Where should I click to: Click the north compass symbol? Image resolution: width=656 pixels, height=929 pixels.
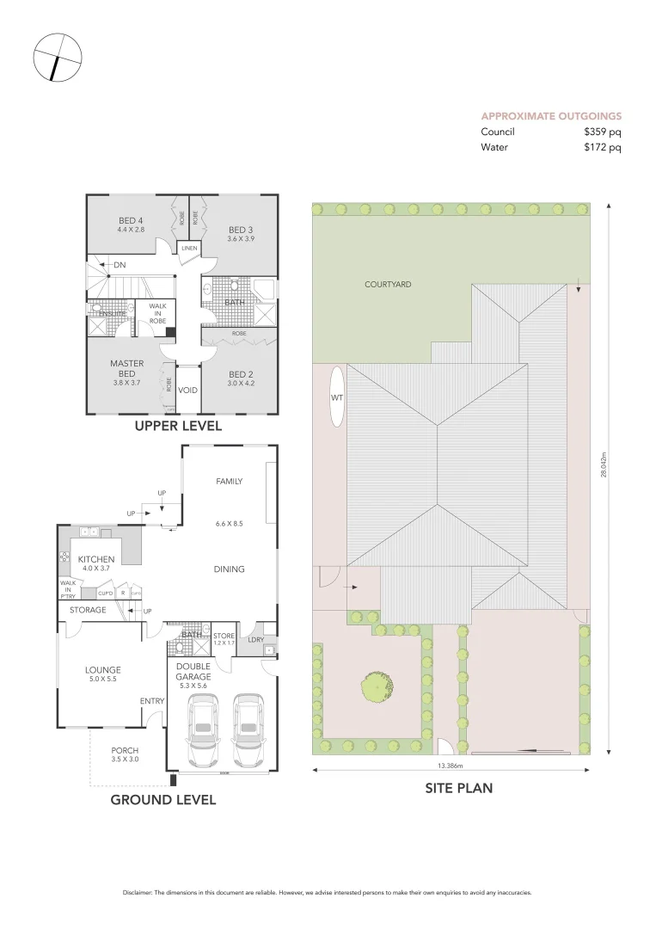(57, 58)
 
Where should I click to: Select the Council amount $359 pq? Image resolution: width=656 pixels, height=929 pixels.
(602, 132)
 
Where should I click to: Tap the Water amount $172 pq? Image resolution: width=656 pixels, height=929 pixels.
(602, 147)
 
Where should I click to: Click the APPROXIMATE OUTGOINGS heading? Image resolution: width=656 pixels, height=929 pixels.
(551, 116)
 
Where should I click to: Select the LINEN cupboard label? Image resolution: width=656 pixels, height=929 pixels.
(189, 249)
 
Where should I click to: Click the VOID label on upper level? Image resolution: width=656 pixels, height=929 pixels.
(187, 390)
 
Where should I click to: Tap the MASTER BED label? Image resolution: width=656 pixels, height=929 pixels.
(126, 368)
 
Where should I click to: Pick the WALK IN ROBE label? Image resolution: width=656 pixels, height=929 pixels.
(157, 313)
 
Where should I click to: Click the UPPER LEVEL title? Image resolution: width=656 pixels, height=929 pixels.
(178, 426)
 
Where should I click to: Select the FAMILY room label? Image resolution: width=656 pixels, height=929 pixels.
(229, 482)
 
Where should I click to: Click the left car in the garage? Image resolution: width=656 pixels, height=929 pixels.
(204, 729)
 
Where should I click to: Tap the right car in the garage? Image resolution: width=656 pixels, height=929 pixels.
(249, 729)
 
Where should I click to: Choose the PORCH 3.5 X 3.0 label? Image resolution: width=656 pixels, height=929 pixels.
(125, 755)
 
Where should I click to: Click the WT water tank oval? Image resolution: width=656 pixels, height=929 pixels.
(336, 397)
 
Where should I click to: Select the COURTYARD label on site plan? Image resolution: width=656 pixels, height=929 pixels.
(387, 284)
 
